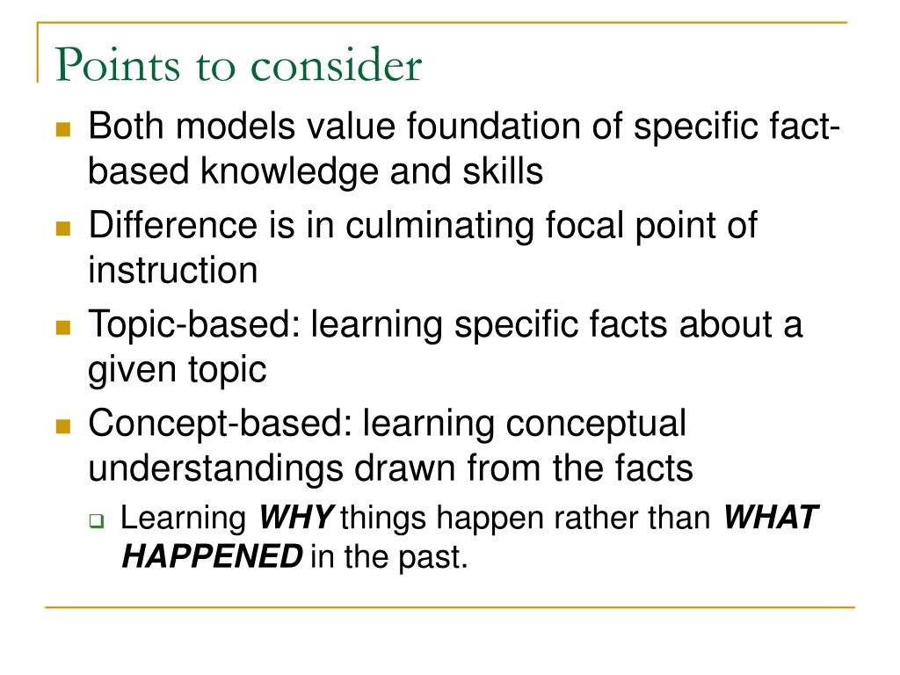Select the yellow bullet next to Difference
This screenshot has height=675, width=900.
tap(62, 229)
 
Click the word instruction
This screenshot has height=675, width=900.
tap(172, 270)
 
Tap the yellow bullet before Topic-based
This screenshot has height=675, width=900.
tap(62, 328)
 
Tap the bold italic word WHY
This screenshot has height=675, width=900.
tap(294, 519)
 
